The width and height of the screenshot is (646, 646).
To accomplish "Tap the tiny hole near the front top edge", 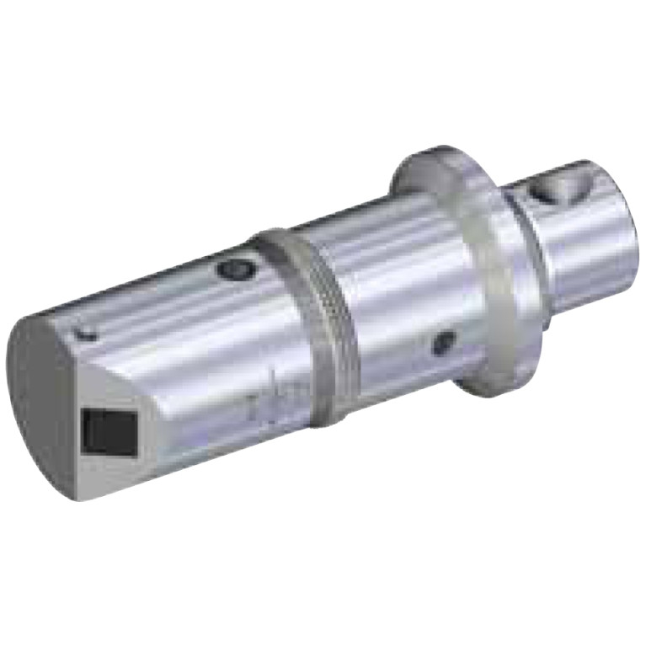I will pos(84,334).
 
